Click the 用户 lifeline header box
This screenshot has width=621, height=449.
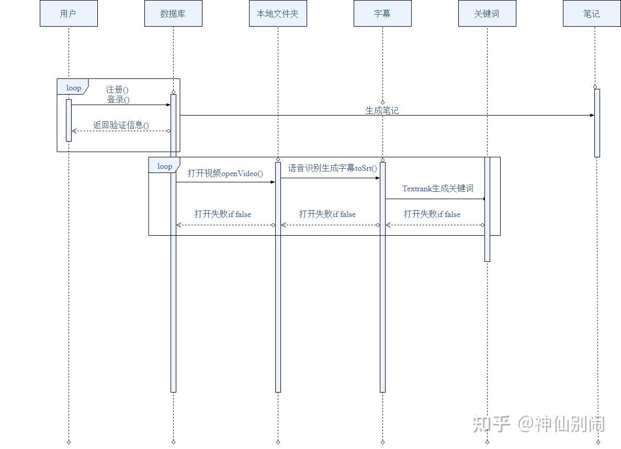coord(69,14)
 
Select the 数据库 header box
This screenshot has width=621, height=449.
coord(173,14)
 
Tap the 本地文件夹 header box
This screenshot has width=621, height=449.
coord(278,14)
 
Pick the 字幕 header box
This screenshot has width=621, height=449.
coord(382,14)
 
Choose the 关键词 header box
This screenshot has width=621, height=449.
coord(487,14)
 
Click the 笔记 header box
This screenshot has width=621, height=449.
coord(592,14)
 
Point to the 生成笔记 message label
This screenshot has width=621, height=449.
coord(382,110)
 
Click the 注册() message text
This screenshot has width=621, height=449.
coord(118,90)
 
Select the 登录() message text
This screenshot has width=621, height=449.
coord(118,99)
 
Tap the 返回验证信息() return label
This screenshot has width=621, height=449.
coord(121,125)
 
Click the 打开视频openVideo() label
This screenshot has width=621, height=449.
coord(225,174)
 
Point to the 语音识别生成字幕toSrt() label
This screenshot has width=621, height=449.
coord(333,168)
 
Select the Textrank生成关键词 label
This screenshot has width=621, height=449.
coord(438,188)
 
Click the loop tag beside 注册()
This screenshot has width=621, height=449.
coord(73,88)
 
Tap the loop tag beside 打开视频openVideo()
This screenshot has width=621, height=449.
coord(164,166)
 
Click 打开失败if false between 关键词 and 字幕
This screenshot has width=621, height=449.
coord(432,214)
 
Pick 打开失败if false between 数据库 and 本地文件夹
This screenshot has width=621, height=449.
coord(223,214)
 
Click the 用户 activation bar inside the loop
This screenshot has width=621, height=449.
coord(69,120)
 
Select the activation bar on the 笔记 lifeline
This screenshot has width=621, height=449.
coord(597,123)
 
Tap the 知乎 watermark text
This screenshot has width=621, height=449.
coord(491,423)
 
